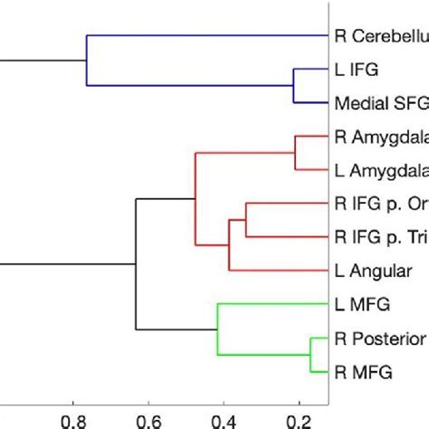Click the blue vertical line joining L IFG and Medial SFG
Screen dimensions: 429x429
pyautogui.click(x=292, y=86)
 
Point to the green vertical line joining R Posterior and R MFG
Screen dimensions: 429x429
pyautogui.click(x=310, y=354)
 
